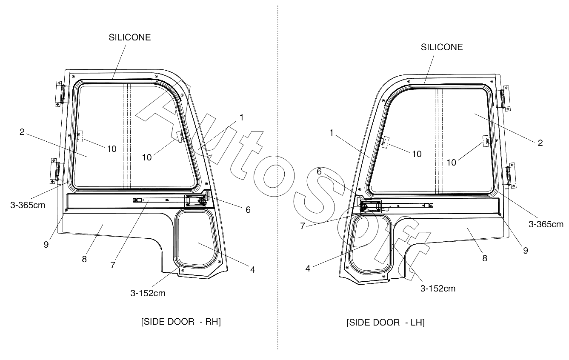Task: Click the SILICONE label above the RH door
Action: click(130, 37)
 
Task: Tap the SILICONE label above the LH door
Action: click(442, 47)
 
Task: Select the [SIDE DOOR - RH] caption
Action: click(181, 322)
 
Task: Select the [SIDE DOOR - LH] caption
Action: click(386, 323)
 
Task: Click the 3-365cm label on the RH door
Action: click(28, 205)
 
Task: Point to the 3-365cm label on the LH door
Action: click(546, 224)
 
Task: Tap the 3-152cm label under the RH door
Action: click(148, 293)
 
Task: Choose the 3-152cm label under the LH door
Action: click(438, 289)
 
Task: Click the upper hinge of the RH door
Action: click(62, 94)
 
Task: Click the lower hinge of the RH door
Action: click(57, 171)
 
